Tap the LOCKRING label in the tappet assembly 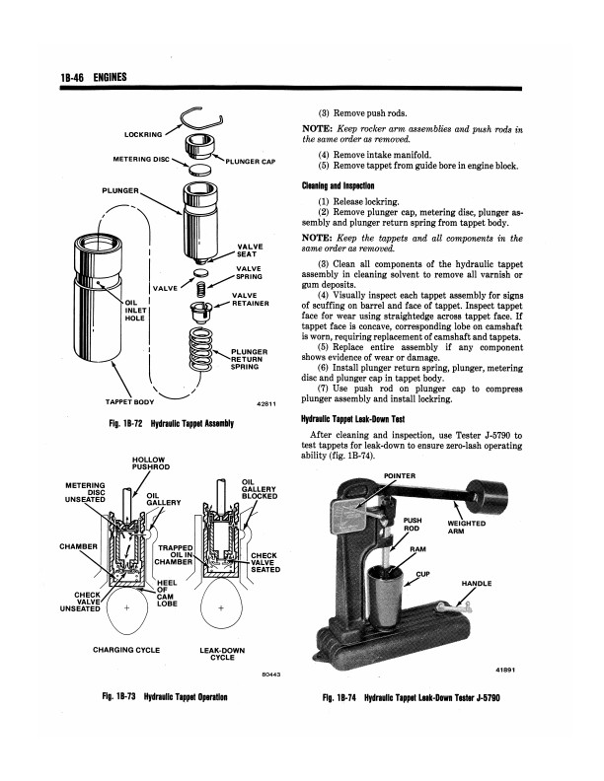coord(144,133)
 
